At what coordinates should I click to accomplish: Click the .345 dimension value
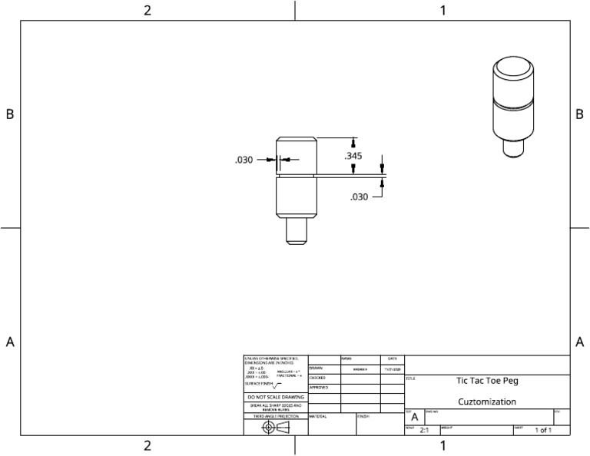[353, 156]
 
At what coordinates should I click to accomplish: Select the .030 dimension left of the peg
[244, 160]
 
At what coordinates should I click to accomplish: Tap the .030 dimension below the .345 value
[359, 197]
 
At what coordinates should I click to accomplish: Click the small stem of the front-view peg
[297, 230]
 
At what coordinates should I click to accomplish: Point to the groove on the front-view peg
[297, 177]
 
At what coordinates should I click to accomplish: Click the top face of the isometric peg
[510, 68]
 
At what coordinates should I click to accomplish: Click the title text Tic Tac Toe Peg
[487, 380]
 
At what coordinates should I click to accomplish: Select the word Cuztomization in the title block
[487, 401]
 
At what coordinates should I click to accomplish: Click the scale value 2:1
[424, 431]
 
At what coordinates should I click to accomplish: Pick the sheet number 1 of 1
[543, 431]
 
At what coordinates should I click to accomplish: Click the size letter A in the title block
[414, 417]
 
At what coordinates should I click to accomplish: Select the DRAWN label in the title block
[316, 368]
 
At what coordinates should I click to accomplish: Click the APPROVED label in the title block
[318, 388]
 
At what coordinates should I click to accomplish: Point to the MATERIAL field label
[318, 416]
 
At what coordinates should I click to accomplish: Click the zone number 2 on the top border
[147, 10]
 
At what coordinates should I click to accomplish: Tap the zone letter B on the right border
[579, 114]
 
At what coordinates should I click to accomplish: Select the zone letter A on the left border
[10, 342]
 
